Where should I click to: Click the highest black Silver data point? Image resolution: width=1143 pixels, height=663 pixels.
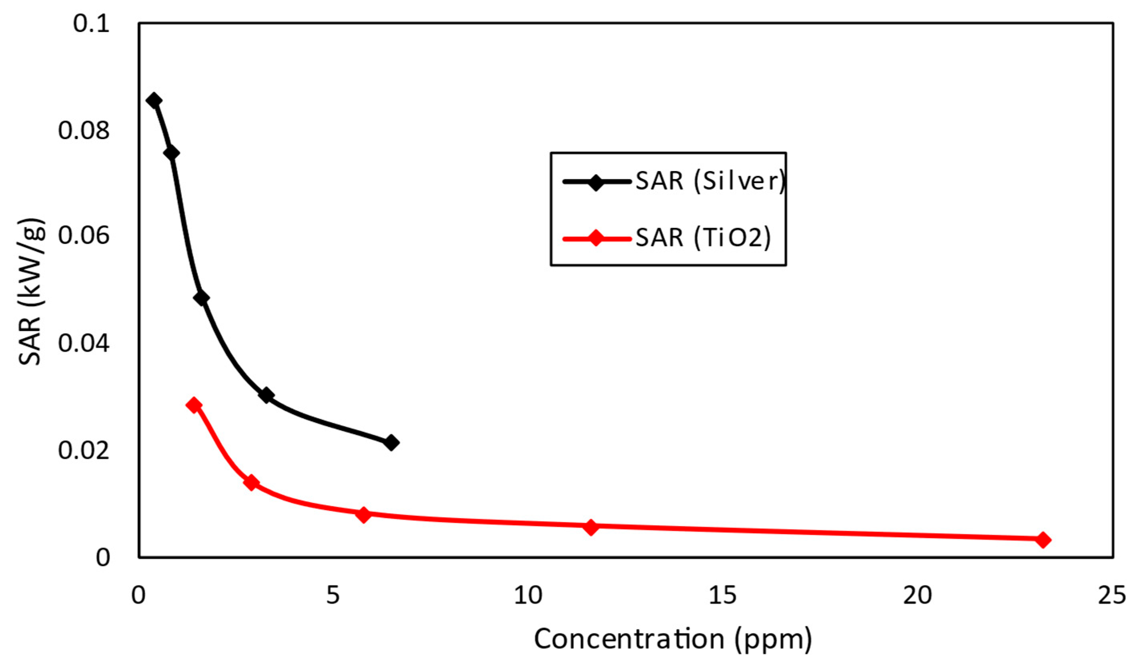(x=154, y=100)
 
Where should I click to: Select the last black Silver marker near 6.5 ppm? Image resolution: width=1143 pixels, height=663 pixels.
(x=391, y=443)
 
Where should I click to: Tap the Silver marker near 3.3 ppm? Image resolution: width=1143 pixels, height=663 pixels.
(x=267, y=395)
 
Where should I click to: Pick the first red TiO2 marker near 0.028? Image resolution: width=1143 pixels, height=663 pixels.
(x=194, y=405)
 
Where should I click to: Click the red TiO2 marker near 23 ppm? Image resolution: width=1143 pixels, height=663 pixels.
(x=1043, y=540)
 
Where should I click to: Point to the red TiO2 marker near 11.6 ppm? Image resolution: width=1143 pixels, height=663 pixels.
(x=590, y=527)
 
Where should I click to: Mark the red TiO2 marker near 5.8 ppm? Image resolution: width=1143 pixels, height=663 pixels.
(x=363, y=515)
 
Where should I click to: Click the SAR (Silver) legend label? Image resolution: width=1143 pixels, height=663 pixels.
(x=710, y=181)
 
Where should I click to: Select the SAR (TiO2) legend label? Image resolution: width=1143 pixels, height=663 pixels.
(x=703, y=238)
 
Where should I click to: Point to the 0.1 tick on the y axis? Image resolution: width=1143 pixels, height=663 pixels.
(x=92, y=24)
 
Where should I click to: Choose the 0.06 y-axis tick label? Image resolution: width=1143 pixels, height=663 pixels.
(x=84, y=237)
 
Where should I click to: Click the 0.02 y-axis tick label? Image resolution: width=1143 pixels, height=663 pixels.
(x=84, y=451)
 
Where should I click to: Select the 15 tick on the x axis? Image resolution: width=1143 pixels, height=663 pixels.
(x=722, y=595)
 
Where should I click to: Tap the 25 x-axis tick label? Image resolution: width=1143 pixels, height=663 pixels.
(x=1112, y=595)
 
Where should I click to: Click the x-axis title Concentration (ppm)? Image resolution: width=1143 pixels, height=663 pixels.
(x=672, y=639)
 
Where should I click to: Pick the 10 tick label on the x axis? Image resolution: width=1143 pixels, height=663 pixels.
(x=528, y=595)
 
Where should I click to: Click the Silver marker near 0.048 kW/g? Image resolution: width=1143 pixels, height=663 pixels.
(x=201, y=298)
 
